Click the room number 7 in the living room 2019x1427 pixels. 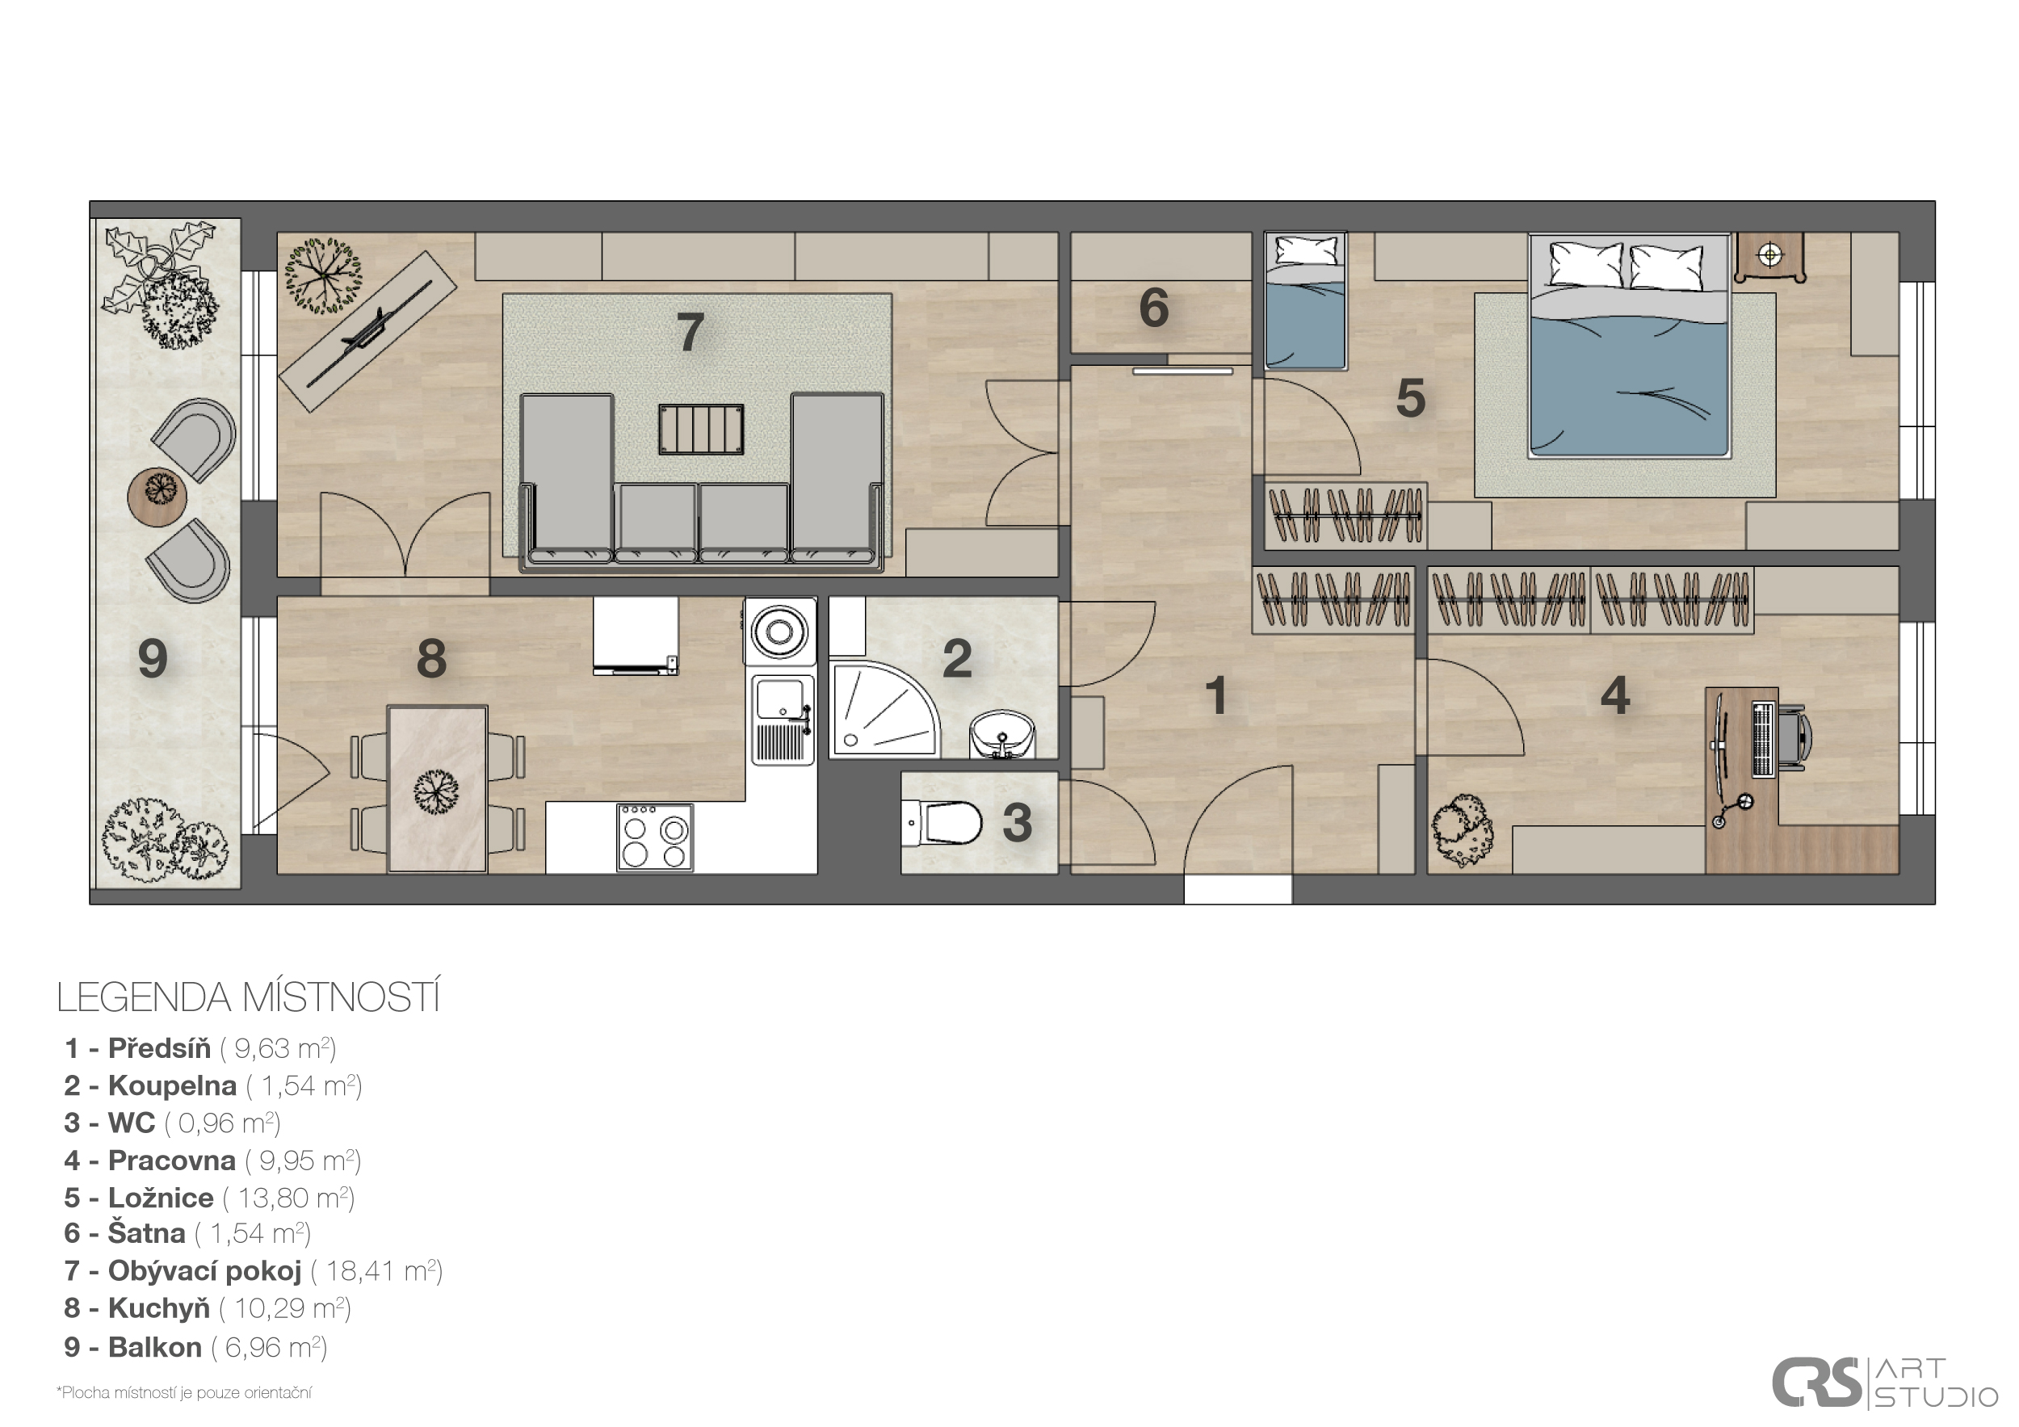[x=690, y=333]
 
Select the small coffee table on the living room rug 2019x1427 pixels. [x=701, y=429]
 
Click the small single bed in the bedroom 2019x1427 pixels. [x=1305, y=300]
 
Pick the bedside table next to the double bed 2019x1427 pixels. [x=1769, y=257]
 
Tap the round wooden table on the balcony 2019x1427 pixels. [x=157, y=496]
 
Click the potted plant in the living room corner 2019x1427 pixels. [x=323, y=275]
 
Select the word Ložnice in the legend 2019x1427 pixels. [x=161, y=1198]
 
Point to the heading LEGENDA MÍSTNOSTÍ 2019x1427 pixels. [x=248, y=998]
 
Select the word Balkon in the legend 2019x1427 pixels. [x=155, y=1347]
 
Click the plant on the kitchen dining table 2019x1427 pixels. [x=436, y=791]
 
